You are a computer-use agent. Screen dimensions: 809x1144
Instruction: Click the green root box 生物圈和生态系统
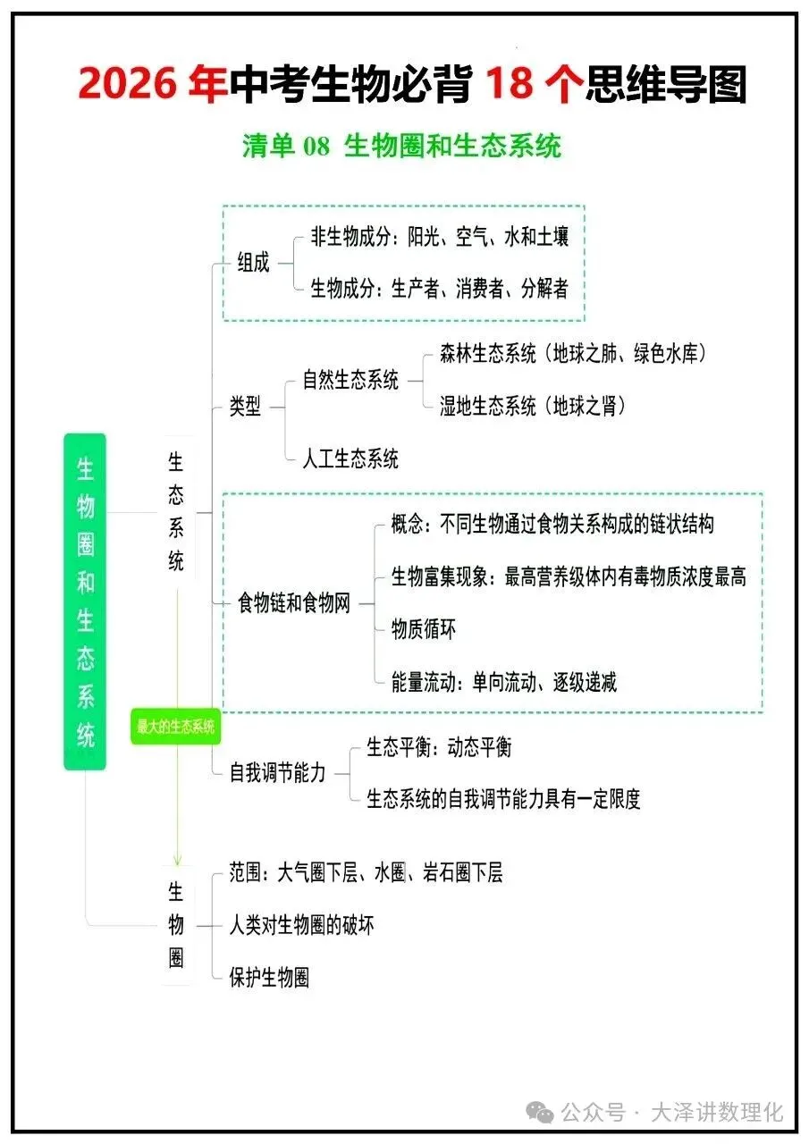click(x=85, y=601)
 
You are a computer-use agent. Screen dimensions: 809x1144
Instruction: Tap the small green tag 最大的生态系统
click(x=175, y=728)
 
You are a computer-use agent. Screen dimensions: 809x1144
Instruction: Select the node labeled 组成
click(x=253, y=264)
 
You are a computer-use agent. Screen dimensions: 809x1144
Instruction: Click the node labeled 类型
click(x=246, y=407)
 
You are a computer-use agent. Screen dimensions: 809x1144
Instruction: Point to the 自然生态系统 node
click(x=350, y=380)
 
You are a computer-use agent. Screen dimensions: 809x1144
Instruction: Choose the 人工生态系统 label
click(x=350, y=459)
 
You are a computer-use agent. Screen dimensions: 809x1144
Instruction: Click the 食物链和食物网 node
click(x=294, y=603)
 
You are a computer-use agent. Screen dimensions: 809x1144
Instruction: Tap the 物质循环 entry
click(x=424, y=629)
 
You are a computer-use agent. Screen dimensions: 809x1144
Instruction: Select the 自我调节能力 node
click(x=278, y=773)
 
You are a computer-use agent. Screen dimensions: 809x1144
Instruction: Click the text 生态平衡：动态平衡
click(x=439, y=747)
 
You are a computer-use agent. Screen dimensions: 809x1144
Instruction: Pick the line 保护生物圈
click(x=269, y=977)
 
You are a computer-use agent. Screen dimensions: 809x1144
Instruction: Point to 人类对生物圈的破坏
click(x=301, y=924)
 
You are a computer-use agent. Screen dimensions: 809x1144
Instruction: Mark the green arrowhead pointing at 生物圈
click(x=177, y=859)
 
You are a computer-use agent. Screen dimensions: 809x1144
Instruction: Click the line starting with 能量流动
click(x=503, y=683)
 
